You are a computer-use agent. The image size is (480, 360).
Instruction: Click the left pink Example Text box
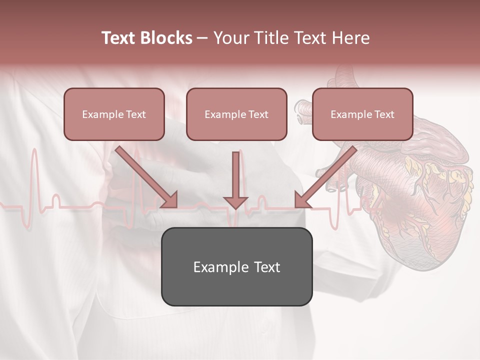114,114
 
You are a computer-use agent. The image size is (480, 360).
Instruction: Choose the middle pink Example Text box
236,114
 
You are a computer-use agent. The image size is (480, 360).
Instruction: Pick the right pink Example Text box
362,114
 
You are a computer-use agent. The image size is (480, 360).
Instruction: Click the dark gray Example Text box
236,266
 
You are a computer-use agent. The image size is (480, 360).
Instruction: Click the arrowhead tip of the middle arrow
235,207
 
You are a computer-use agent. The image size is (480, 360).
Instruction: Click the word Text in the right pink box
384,114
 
